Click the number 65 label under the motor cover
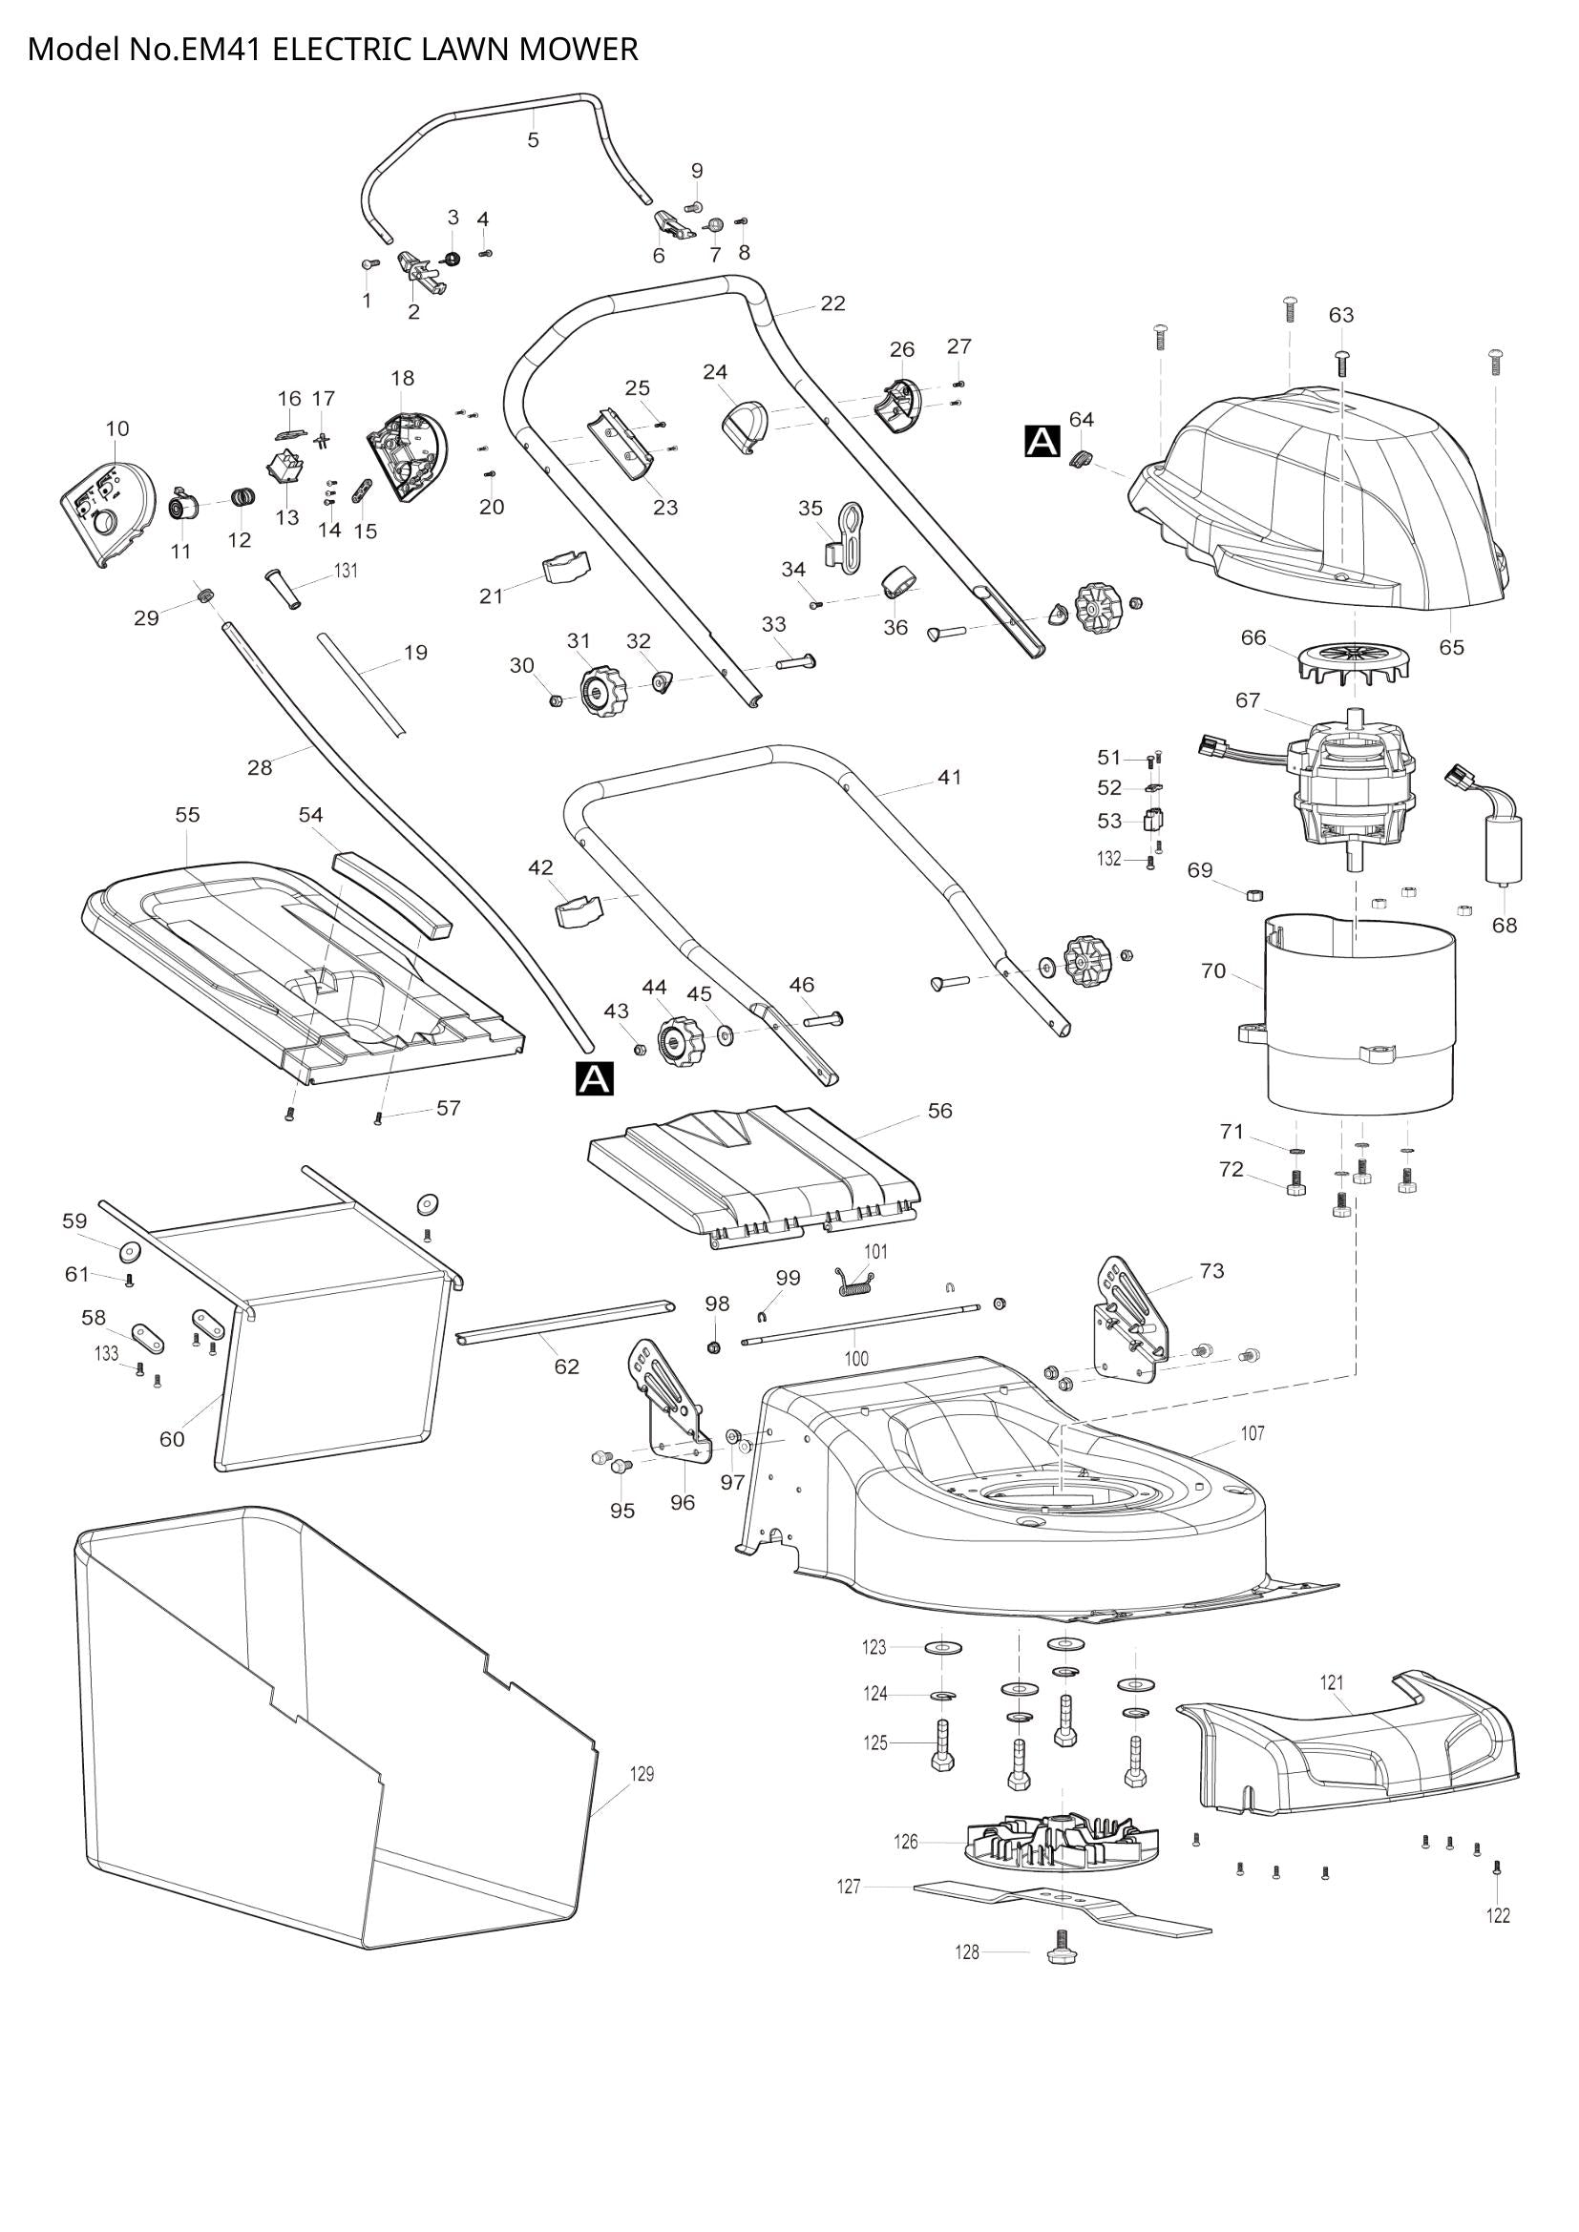(1451, 647)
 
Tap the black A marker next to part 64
(1042, 442)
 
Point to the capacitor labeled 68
(1502, 847)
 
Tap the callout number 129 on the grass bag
(642, 1774)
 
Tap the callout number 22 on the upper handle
(832, 303)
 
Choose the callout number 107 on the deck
(1253, 1433)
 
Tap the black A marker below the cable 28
(595, 1078)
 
